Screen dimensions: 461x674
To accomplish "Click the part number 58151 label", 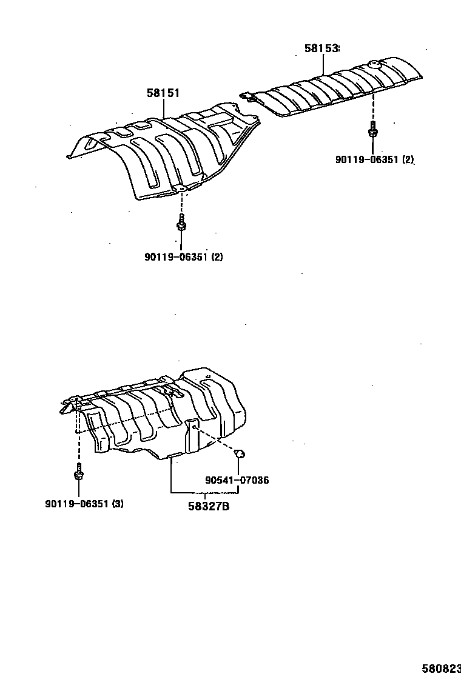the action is pos(163,93).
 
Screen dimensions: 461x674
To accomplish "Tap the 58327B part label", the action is pos(208,507).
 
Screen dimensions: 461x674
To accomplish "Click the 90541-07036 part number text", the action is pos(237,480).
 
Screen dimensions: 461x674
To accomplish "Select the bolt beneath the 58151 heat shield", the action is pos(181,225).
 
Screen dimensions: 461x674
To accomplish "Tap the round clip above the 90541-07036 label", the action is pos(239,453).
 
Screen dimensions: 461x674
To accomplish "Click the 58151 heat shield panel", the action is pos(164,152).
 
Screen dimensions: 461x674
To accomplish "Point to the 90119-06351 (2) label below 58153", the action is pos(374,159).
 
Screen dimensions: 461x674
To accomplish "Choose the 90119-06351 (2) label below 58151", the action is pos(183,256).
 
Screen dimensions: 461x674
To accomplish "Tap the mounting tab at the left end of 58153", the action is pos(248,95).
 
